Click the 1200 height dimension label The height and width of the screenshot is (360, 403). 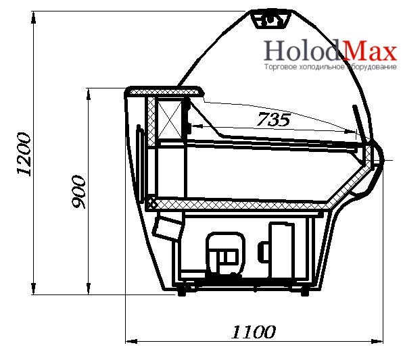(24, 154)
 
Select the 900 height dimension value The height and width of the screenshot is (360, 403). (78, 192)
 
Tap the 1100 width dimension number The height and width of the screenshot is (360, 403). (254, 332)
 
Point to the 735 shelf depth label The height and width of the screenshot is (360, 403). (273, 120)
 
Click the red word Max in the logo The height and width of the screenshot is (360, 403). (371, 51)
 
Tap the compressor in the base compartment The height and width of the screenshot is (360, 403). (225, 253)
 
